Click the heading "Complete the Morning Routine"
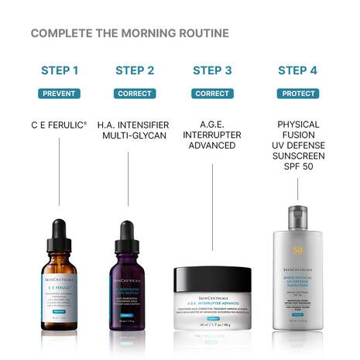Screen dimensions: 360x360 coord(129,33)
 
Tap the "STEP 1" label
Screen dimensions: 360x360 coord(60,70)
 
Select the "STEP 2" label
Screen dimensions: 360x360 coord(135,70)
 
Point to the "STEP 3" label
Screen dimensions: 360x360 coord(212,70)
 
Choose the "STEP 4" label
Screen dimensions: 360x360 coord(297,70)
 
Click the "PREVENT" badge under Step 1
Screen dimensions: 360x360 coord(60,94)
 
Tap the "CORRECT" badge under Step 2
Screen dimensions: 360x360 coord(135,94)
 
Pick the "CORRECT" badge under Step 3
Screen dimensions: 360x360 coord(212,94)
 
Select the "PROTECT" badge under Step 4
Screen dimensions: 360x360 coord(297,94)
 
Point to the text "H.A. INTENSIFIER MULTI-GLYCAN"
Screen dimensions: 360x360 coord(135,129)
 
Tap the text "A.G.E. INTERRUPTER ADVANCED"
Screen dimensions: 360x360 coord(212,135)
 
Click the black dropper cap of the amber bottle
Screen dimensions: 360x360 coord(59,233)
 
